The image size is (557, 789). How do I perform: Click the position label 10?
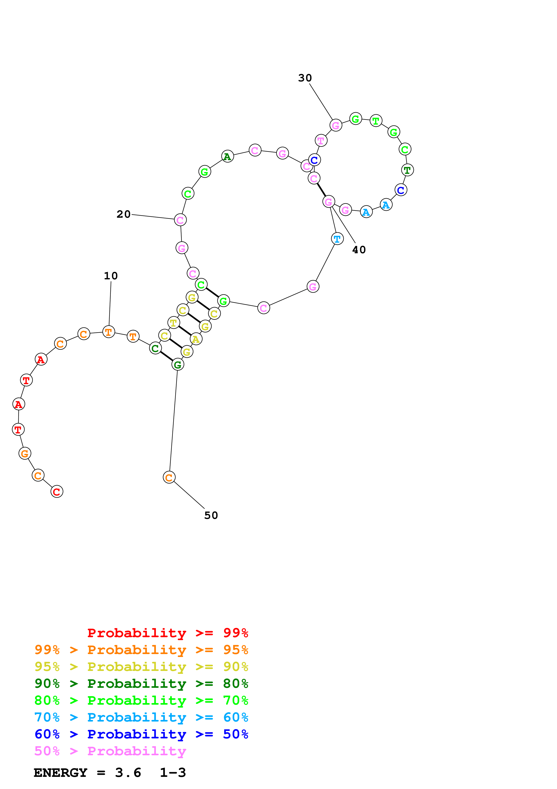pyautogui.click(x=111, y=276)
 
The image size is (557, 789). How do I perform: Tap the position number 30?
pyautogui.click(x=305, y=78)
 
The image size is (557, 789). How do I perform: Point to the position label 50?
pyautogui.click(x=211, y=516)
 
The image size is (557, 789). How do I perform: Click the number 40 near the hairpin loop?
pyautogui.click(x=359, y=250)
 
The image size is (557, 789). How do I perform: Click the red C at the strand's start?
pyautogui.click(x=57, y=492)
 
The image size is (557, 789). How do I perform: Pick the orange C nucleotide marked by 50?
pyautogui.click(x=169, y=477)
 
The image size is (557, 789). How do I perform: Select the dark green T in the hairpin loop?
pyautogui.click(x=407, y=170)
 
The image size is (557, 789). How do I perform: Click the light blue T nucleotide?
pyautogui.click(x=337, y=239)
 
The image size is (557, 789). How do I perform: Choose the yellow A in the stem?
pyautogui.click(x=196, y=339)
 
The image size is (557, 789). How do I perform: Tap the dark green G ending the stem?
pyautogui.click(x=178, y=365)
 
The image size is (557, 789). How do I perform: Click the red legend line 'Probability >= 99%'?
pyautogui.click(x=167, y=633)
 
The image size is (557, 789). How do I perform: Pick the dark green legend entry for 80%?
pyautogui.click(x=141, y=684)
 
